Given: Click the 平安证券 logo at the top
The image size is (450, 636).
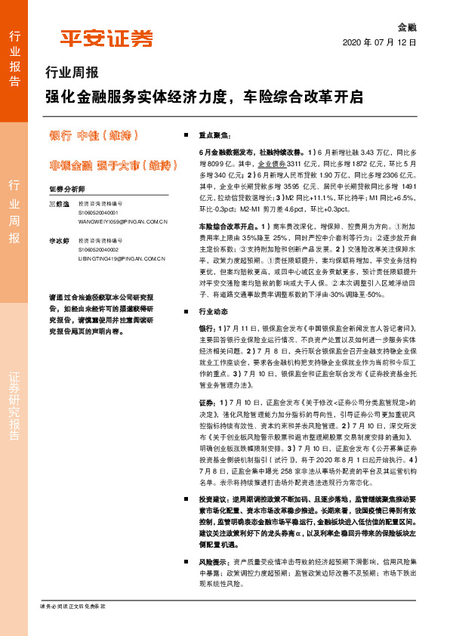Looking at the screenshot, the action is pos(106,38).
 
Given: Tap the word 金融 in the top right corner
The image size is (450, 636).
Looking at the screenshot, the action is pos(407,26).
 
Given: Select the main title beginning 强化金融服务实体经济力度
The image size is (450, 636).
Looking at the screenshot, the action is pos(204,97).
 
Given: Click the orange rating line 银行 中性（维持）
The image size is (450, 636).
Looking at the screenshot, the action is pos(92,137).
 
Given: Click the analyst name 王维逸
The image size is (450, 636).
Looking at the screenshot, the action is pos(58,204).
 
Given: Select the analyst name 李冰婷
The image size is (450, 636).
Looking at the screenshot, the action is pos(58,239).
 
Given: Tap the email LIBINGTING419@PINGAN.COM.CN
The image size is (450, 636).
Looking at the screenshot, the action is pos(122,258).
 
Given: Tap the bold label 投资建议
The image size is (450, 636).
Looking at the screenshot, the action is pos(214,500).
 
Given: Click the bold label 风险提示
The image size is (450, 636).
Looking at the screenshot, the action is pos(214,563).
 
